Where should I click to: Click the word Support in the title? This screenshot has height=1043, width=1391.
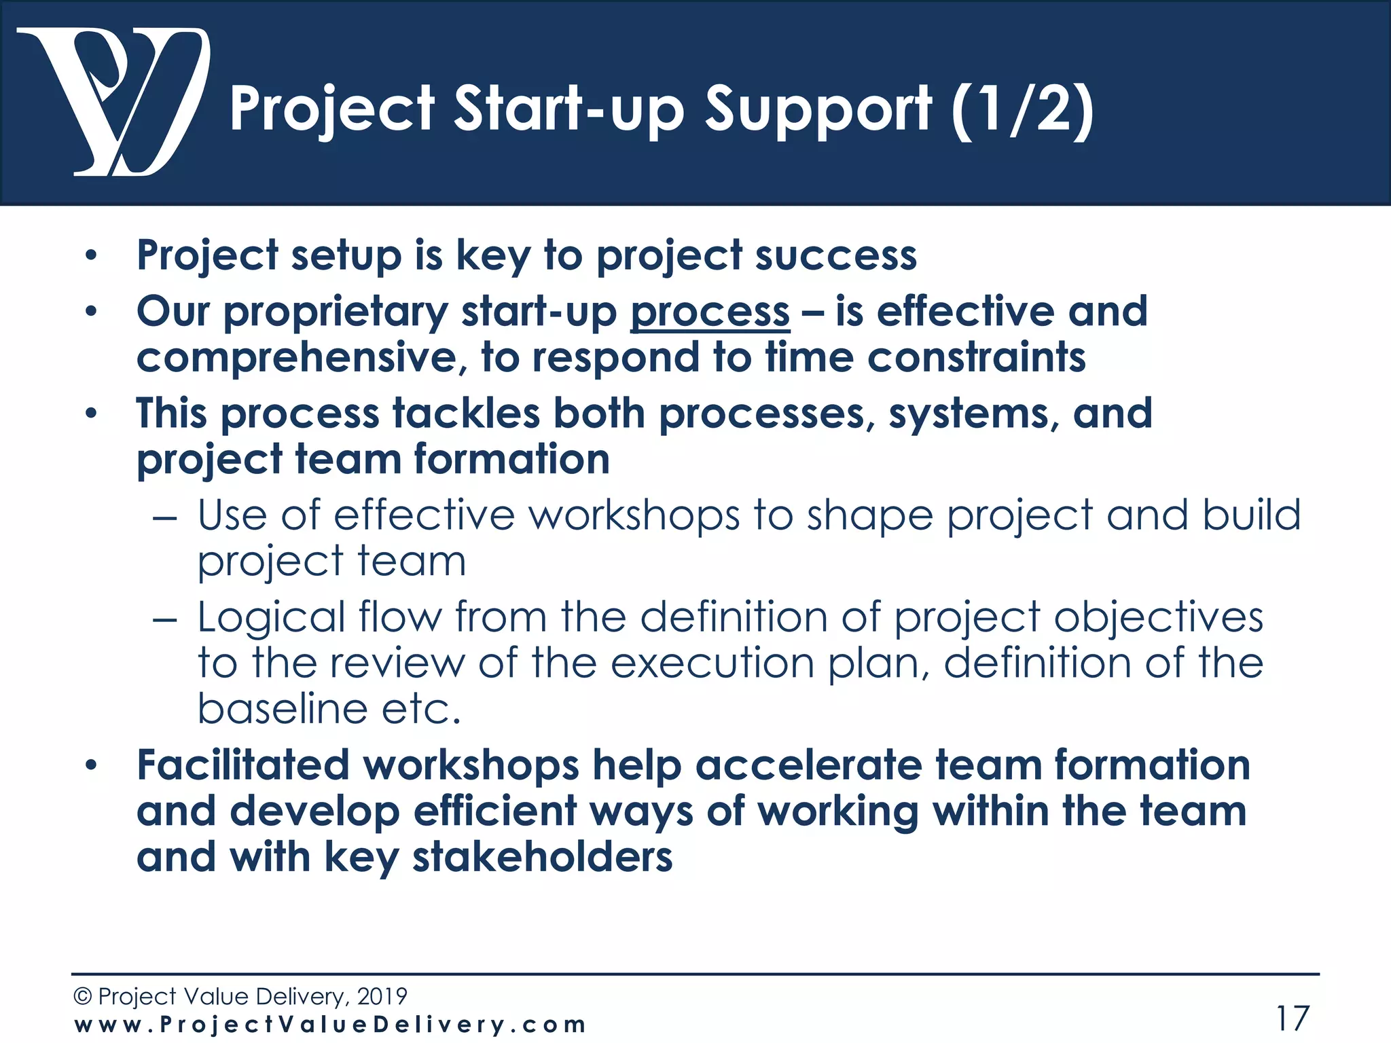818,109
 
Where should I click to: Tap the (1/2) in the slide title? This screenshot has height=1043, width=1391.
1023,109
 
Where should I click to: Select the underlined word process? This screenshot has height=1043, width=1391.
710,312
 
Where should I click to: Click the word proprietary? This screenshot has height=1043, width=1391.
336,312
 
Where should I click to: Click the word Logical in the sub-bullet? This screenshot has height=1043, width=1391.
272,617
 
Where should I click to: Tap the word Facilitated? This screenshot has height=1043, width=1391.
243,765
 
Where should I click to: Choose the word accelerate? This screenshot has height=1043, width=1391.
808,765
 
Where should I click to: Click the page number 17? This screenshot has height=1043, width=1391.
1292,1018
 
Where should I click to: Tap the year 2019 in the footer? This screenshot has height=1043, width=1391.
382,996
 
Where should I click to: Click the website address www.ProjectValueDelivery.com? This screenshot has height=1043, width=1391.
330,1024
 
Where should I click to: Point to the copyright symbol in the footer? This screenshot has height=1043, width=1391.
82,996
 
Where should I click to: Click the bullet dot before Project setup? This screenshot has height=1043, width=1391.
91,257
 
